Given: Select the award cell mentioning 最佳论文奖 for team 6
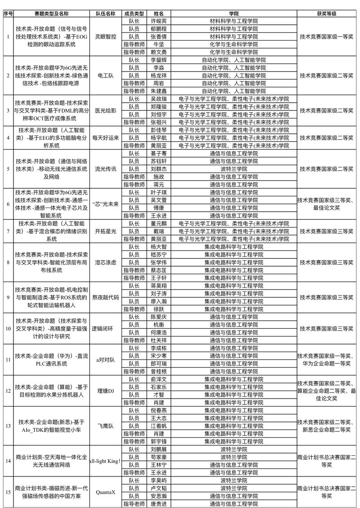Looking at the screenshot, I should pos(327,204).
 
